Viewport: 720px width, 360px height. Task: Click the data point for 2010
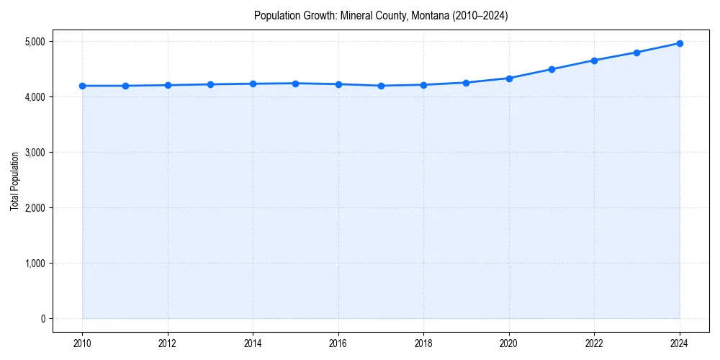coord(82,86)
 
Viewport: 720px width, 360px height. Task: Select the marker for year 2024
coord(680,43)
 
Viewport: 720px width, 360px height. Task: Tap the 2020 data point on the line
coord(509,78)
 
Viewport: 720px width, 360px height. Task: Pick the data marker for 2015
coord(296,84)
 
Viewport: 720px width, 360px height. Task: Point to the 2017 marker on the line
coord(381,86)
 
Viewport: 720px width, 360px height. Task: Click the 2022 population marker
coord(594,60)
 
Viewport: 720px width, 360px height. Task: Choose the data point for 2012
coord(168,85)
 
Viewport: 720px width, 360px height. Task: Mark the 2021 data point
coord(552,69)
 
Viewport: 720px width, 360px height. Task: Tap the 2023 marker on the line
coord(637,53)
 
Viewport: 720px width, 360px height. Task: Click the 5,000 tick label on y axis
coord(34,42)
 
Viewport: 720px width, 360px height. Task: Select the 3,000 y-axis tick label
coord(34,153)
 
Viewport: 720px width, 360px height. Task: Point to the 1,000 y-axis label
coord(34,264)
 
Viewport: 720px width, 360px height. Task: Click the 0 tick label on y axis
coord(42,319)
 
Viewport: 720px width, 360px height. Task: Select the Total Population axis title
coord(14,181)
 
